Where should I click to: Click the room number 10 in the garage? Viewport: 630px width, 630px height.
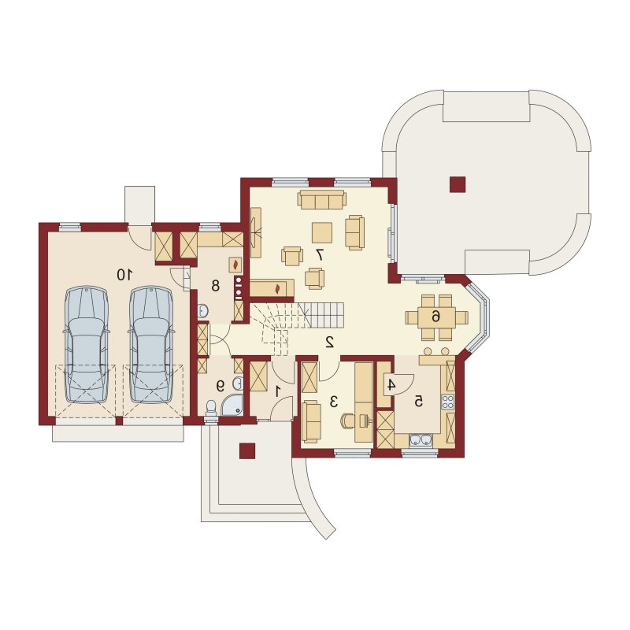[124, 275]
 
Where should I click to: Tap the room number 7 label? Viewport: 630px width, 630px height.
[320, 254]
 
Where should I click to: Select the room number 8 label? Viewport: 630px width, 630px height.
[215, 286]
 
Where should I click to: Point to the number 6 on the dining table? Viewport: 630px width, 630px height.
[436, 317]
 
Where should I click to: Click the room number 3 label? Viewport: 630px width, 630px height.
[333, 402]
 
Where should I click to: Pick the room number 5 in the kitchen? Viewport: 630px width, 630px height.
[419, 402]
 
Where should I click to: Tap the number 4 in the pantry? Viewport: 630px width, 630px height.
[391, 385]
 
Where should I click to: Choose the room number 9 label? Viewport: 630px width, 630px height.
[220, 386]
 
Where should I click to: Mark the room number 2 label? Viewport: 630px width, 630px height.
[329, 342]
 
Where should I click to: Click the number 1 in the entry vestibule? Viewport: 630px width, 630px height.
[278, 391]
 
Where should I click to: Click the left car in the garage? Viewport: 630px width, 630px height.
[87, 344]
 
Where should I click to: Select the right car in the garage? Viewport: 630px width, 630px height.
[151, 344]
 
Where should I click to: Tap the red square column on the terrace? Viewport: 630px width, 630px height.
[458, 184]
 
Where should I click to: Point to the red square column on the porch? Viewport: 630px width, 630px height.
[247, 450]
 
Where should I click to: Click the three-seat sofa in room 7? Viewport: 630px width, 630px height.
[322, 200]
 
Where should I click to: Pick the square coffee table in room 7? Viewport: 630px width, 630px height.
[322, 232]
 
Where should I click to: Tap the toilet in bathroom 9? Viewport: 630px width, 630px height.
[210, 409]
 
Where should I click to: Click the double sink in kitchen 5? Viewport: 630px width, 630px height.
[421, 441]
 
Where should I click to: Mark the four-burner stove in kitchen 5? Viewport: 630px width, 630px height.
[447, 402]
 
